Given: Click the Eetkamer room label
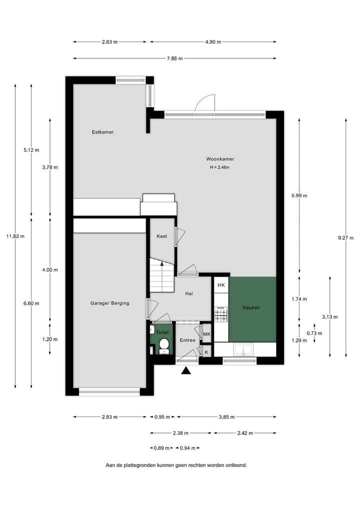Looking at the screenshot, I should point(102,132).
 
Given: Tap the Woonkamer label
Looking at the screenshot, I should point(220,159).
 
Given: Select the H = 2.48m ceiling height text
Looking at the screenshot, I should point(220,167).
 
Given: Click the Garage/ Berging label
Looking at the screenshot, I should point(109,303).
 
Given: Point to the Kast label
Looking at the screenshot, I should point(161,236).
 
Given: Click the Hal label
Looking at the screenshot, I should point(189,294).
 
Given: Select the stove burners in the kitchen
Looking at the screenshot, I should point(221,315).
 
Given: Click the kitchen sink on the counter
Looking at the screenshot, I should point(245,349).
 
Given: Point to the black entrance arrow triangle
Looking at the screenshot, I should point(186,370).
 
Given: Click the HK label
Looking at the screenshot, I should point(221,285).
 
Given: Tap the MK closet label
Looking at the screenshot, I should point(206,334).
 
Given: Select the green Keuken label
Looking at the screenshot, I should point(251,308).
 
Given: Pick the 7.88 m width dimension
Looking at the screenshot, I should point(174,58).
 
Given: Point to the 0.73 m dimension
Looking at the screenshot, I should point(314,333).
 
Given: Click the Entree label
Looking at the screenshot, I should point(187,340).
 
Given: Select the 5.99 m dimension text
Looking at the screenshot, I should point(299,195).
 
